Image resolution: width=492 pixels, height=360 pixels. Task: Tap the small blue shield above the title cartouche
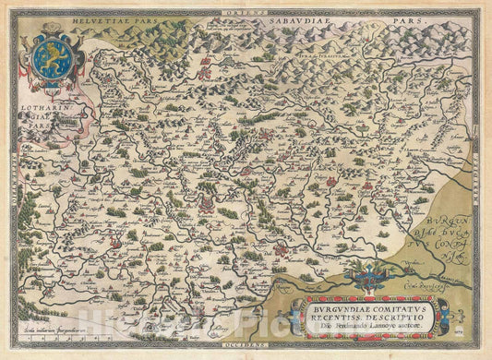click(375, 276)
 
